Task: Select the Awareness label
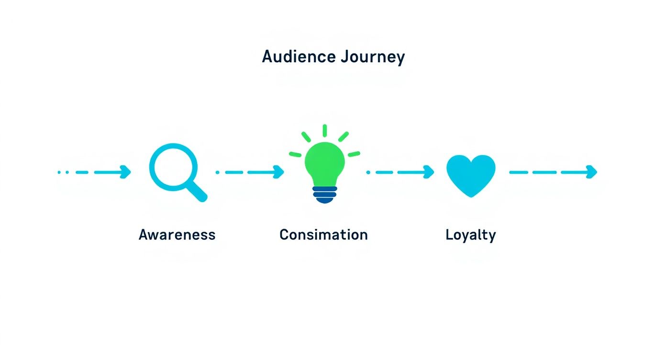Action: coord(177,235)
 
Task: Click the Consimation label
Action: coord(323,235)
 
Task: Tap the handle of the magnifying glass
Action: coord(198,193)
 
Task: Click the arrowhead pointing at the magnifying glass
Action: coord(126,172)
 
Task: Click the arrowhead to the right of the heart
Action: coord(592,172)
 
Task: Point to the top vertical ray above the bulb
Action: coord(325,131)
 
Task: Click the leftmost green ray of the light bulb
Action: coord(296,154)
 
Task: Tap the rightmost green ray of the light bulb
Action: coord(354,154)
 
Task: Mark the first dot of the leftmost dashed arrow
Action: coord(59,172)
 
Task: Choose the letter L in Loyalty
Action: coord(449,235)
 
